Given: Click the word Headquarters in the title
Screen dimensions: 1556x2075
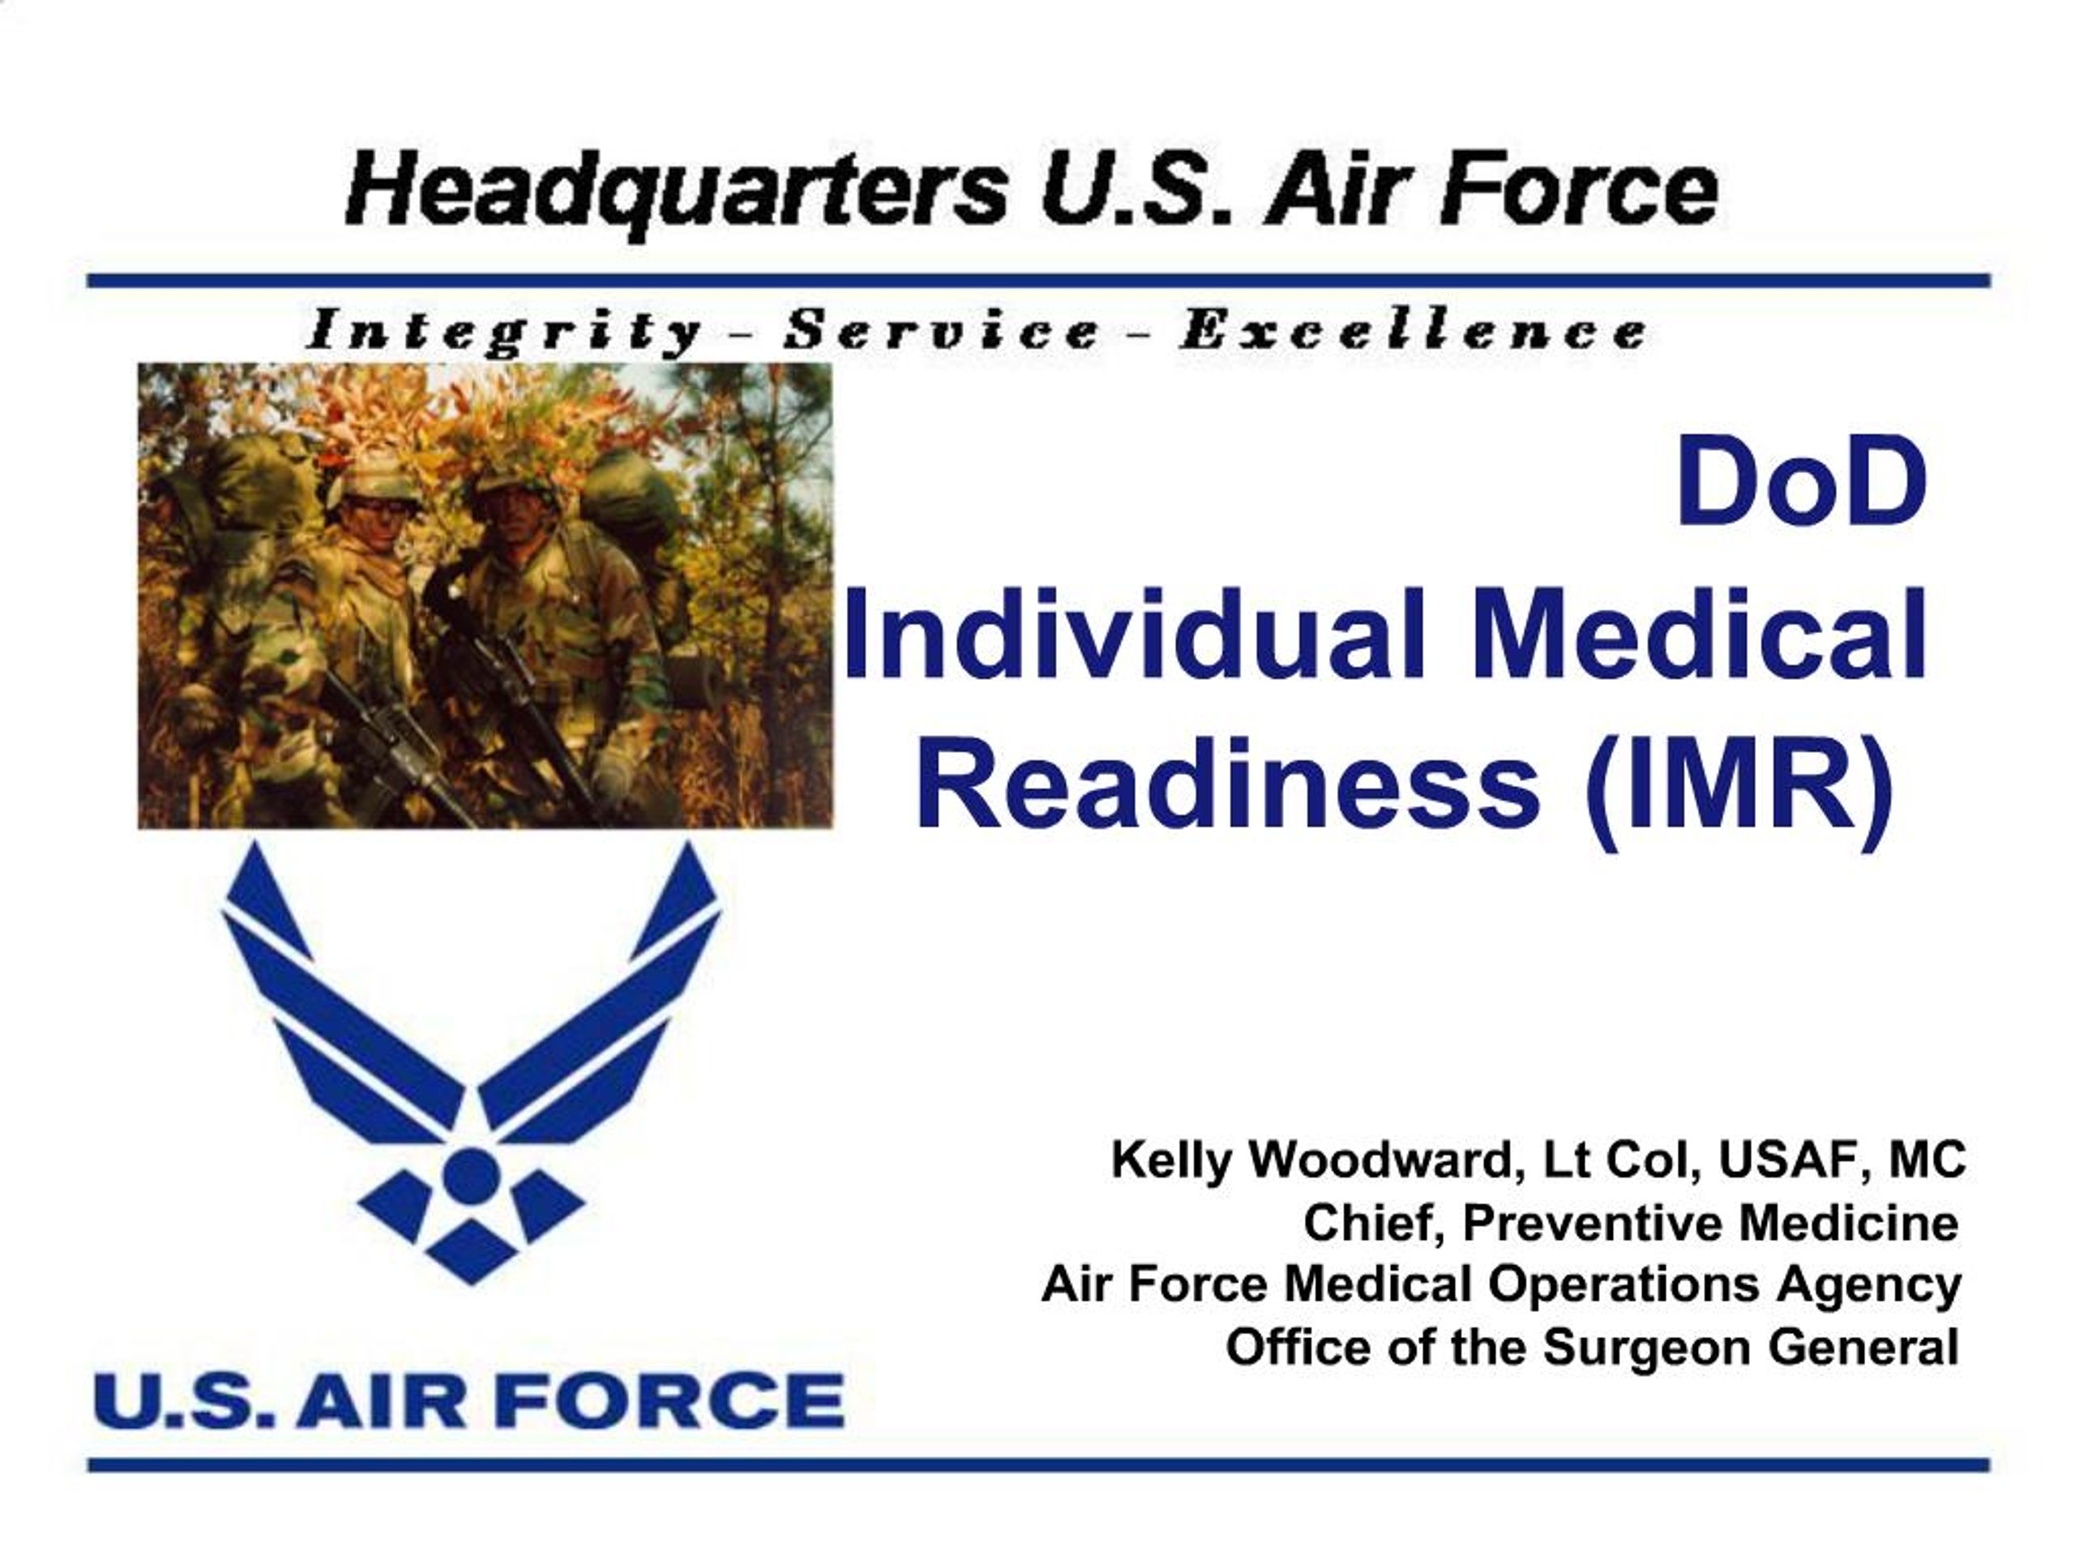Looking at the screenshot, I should click(675, 192).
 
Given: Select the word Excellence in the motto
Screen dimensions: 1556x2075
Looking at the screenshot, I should click(1412, 331).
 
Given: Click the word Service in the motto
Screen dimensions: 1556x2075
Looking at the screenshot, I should click(942, 331).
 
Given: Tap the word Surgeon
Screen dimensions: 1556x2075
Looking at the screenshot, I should click(1650, 1348).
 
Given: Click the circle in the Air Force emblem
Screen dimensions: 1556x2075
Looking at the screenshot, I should click(470, 1173).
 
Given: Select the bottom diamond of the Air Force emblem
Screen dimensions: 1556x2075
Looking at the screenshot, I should click(470, 1252).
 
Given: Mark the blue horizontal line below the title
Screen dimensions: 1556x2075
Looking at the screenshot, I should click(1037, 280).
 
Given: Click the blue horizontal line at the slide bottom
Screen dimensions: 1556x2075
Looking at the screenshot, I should click(1037, 1465).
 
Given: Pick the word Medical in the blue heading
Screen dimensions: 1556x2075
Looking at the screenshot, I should click(1698, 636).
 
